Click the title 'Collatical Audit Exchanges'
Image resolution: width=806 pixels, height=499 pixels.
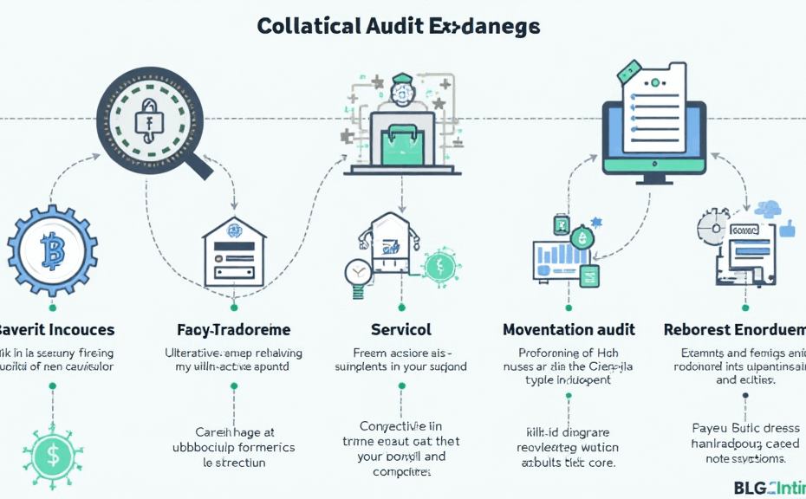pos(399,26)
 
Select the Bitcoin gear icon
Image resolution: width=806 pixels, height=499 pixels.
pos(53,251)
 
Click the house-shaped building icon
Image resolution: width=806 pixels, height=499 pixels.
pos(234,251)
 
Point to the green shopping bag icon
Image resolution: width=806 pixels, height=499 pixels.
pos(400,142)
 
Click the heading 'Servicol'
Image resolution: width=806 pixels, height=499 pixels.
pos(400,329)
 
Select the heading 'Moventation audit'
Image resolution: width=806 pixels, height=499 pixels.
pos(569,329)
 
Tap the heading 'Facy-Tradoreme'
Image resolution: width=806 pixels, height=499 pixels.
pos(233,329)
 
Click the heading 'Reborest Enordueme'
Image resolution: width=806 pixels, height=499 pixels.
pos(735,329)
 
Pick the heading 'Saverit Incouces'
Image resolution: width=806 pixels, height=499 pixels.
pos(55,329)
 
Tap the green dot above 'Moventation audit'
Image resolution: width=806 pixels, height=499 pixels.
pos(568,307)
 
